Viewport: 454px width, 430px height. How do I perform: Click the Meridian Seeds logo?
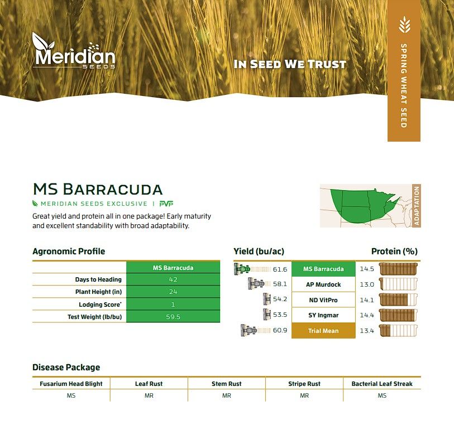pos(74,51)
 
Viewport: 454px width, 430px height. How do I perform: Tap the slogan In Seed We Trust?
pos(290,64)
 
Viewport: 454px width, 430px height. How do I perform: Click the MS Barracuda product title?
pos(98,189)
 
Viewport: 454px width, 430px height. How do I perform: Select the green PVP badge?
pos(166,204)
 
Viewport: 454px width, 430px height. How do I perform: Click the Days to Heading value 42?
pos(173,279)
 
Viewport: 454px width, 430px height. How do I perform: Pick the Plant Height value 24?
pos(173,292)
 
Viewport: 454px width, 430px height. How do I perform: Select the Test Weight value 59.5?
pos(173,317)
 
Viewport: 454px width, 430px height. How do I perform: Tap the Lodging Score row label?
pos(100,305)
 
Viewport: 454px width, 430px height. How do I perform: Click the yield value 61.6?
pos(280,269)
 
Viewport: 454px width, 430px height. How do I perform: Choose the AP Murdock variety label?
pos(323,284)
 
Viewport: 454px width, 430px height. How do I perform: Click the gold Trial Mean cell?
pos(323,331)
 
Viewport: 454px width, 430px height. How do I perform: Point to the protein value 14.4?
pos(367,315)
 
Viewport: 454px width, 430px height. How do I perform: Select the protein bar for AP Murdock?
pos(398,284)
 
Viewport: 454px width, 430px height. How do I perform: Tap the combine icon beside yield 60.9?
pos(248,330)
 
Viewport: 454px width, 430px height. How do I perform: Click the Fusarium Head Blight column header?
pos(71,384)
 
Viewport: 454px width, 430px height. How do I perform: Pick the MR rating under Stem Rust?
pos(226,395)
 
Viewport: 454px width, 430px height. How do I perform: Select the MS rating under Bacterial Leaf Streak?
pos(382,395)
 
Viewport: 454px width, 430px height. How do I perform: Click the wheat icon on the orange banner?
pos(404,25)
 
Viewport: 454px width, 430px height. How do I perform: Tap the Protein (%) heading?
pos(394,252)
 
